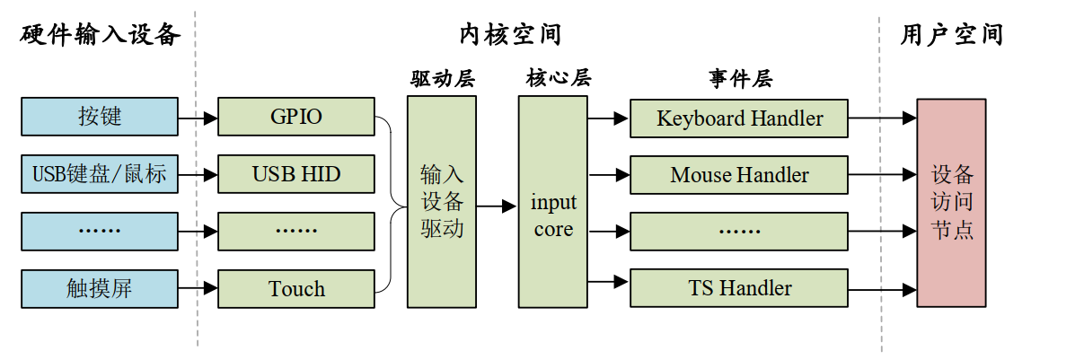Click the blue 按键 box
pyautogui.click(x=99, y=117)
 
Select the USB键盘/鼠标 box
pyautogui.click(x=99, y=174)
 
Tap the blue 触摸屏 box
pyautogui.click(x=99, y=288)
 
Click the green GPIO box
pyautogui.click(x=296, y=117)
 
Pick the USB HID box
pyautogui.click(x=296, y=174)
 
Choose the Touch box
pyautogui.click(x=296, y=288)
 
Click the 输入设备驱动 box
pyautogui.click(x=442, y=201)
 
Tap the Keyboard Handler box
pyautogui.click(x=739, y=118)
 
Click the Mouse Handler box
pyautogui.click(x=739, y=175)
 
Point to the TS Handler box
pyautogui.click(x=739, y=288)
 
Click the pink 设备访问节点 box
pyautogui.click(x=951, y=202)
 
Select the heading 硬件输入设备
pyautogui.click(x=100, y=35)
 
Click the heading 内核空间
pyautogui.click(x=510, y=35)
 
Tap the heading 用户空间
pyautogui.click(x=951, y=35)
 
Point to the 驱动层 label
pyautogui.click(x=442, y=79)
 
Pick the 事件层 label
pyautogui.click(x=739, y=79)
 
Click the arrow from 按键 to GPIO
pyautogui.click(x=198, y=118)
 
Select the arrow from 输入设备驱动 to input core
pyautogui.click(x=497, y=206)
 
